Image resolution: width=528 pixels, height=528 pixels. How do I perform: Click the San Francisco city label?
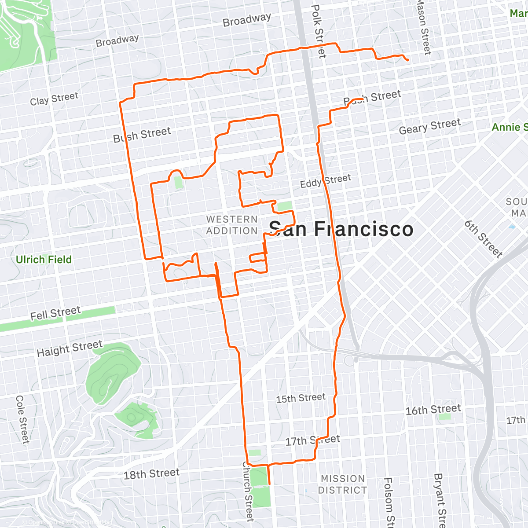341,229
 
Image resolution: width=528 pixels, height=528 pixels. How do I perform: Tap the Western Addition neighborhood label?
232,225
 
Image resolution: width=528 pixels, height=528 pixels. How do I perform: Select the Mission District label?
343,484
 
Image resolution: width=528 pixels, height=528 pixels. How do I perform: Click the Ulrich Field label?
44,260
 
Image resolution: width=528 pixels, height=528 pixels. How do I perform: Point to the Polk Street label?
318,31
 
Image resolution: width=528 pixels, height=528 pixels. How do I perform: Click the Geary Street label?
429,126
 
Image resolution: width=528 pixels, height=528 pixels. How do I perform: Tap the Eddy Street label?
326,181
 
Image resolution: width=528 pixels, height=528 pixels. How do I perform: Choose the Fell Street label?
55,313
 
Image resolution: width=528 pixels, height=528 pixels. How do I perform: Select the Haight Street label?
70,348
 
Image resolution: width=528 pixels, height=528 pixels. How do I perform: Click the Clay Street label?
54,99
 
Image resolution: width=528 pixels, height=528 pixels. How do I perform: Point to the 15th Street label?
301,398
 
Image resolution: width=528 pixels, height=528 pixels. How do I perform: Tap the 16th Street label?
433,410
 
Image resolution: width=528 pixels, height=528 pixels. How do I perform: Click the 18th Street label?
151,474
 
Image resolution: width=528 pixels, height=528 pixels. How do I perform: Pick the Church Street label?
248,491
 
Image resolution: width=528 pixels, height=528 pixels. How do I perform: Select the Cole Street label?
22,419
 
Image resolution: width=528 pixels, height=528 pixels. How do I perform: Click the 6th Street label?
483,239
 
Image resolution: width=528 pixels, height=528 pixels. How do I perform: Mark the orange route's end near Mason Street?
408,60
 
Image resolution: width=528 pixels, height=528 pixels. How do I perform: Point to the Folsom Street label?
388,502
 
